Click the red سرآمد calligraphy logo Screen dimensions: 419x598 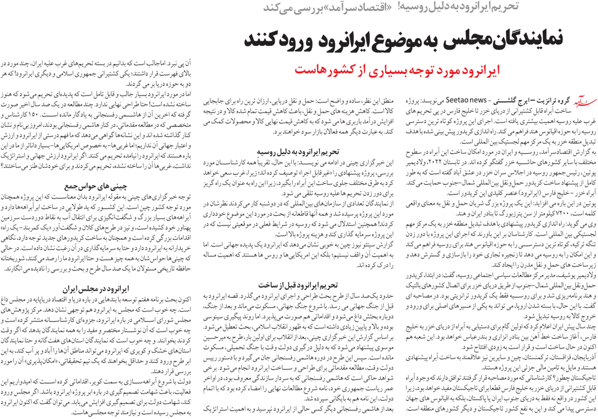(x=582, y=99)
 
